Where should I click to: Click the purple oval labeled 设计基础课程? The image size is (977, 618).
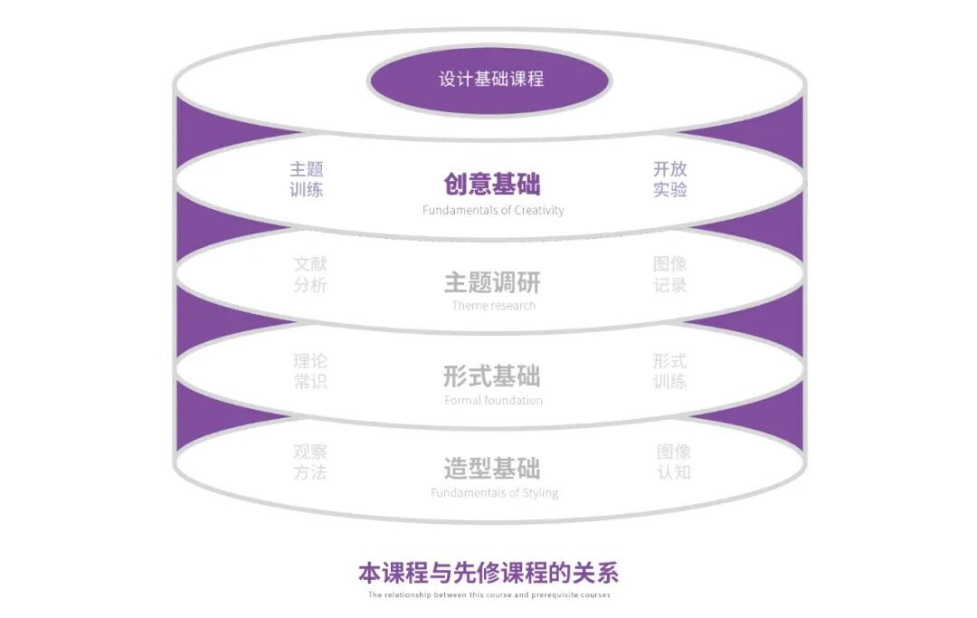tap(489, 80)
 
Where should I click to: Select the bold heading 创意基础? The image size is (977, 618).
tap(492, 185)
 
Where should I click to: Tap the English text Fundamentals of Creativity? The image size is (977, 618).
tap(493, 211)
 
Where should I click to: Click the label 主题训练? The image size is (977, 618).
tap(306, 179)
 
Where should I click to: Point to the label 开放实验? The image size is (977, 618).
tap(670, 179)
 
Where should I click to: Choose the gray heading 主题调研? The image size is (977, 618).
tap(492, 282)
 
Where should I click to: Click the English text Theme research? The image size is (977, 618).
tap(494, 306)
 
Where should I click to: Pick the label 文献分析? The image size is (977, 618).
tap(310, 274)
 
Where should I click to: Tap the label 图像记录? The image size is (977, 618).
tap(670, 274)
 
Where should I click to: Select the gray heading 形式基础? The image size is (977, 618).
tap(492, 376)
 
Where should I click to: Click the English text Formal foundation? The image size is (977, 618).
tap(494, 401)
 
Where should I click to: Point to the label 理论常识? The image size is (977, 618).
tap(310, 371)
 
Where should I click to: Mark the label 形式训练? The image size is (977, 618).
tap(670, 371)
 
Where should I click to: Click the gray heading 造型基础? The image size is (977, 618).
tap(492, 469)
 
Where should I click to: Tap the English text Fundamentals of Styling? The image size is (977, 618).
tap(494, 493)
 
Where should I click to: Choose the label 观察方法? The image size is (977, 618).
tap(310, 461)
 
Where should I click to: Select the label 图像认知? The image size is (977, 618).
tap(674, 461)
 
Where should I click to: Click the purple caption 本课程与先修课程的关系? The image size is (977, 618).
tap(488, 573)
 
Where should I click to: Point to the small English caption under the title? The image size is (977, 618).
tap(488, 595)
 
